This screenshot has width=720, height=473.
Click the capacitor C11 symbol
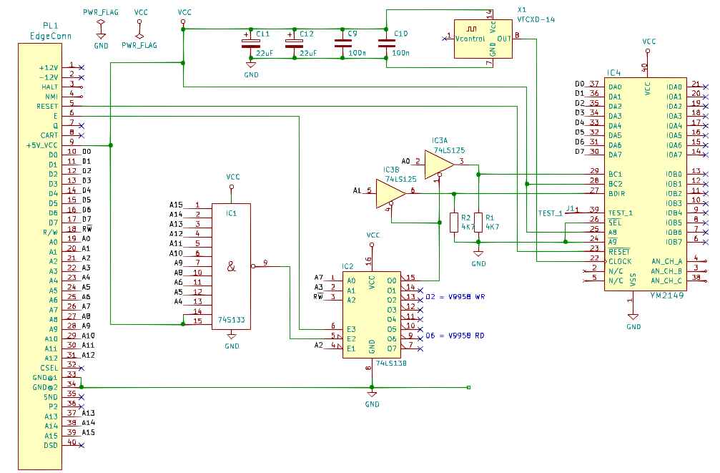(x=251, y=44)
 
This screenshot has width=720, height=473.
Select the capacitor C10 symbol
(x=386, y=44)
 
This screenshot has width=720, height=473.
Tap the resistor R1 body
(x=478, y=222)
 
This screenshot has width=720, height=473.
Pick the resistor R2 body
(x=454, y=222)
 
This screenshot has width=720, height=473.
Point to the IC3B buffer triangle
(x=390, y=193)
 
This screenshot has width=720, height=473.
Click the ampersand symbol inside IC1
(x=231, y=266)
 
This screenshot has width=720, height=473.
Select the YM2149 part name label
(x=667, y=295)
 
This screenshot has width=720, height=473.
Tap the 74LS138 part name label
(x=391, y=363)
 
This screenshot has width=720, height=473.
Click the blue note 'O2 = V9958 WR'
(x=455, y=296)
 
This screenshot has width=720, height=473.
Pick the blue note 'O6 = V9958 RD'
(x=455, y=336)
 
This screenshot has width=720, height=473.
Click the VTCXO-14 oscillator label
(x=536, y=19)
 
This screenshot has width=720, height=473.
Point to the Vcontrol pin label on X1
(x=470, y=39)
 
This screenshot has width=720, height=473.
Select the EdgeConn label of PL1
(x=51, y=36)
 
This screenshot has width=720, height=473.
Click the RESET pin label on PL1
(x=47, y=106)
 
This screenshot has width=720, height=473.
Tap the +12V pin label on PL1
(x=49, y=67)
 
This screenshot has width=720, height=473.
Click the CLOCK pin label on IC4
(x=620, y=261)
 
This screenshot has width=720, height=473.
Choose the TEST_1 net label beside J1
(x=550, y=213)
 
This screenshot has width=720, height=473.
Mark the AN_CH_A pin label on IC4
(x=666, y=261)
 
